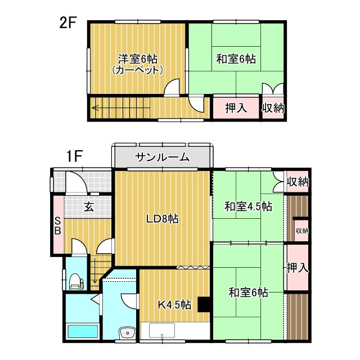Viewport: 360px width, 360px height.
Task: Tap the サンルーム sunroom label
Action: pyautogui.click(x=162, y=157)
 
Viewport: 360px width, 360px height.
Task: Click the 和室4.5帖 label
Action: pyautogui.click(x=248, y=206)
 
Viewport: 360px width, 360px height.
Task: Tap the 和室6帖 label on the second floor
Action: pyautogui.click(x=237, y=58)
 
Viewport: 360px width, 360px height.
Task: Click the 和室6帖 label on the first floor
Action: pyautogui.click(x=248, y=292)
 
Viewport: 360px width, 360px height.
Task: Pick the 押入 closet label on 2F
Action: pyautogui.click(x=236, y=107)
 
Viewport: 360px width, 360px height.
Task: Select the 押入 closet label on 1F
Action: pyautogui.click(x=297, y=268)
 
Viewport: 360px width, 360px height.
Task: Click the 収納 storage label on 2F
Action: pyautogui.click(x=273, y=107)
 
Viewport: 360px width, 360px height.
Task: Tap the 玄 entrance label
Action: pyautogui.click(x=89, y=206)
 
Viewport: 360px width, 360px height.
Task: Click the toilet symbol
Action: pyautogui.click(x=76, y=281)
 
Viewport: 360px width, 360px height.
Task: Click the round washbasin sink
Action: pyautogui.click(x=128, y=333)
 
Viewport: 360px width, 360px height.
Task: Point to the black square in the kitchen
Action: pyautogui.click(x=204, y=304)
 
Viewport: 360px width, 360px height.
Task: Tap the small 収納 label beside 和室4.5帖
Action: pyautogui.click(x=302, y=231)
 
